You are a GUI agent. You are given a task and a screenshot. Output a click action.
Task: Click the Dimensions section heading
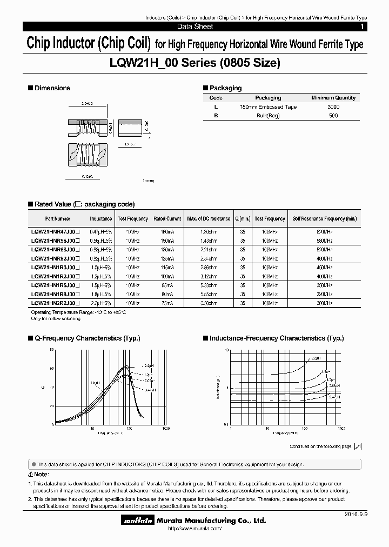52,88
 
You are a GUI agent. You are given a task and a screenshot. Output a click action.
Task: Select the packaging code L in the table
216,107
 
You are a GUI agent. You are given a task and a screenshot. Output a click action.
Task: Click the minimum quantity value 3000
333,107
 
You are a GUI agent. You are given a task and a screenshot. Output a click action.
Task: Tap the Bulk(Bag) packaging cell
268,116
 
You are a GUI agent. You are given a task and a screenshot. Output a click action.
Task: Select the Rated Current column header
167,219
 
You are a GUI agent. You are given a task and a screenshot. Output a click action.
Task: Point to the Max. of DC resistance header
208,219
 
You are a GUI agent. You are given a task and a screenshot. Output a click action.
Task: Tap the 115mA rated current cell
167,268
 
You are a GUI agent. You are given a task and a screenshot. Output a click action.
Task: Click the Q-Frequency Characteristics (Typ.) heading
86,338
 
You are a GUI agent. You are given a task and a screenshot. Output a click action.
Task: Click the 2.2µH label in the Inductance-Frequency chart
315,358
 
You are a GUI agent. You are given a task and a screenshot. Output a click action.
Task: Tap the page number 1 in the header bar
361,26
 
